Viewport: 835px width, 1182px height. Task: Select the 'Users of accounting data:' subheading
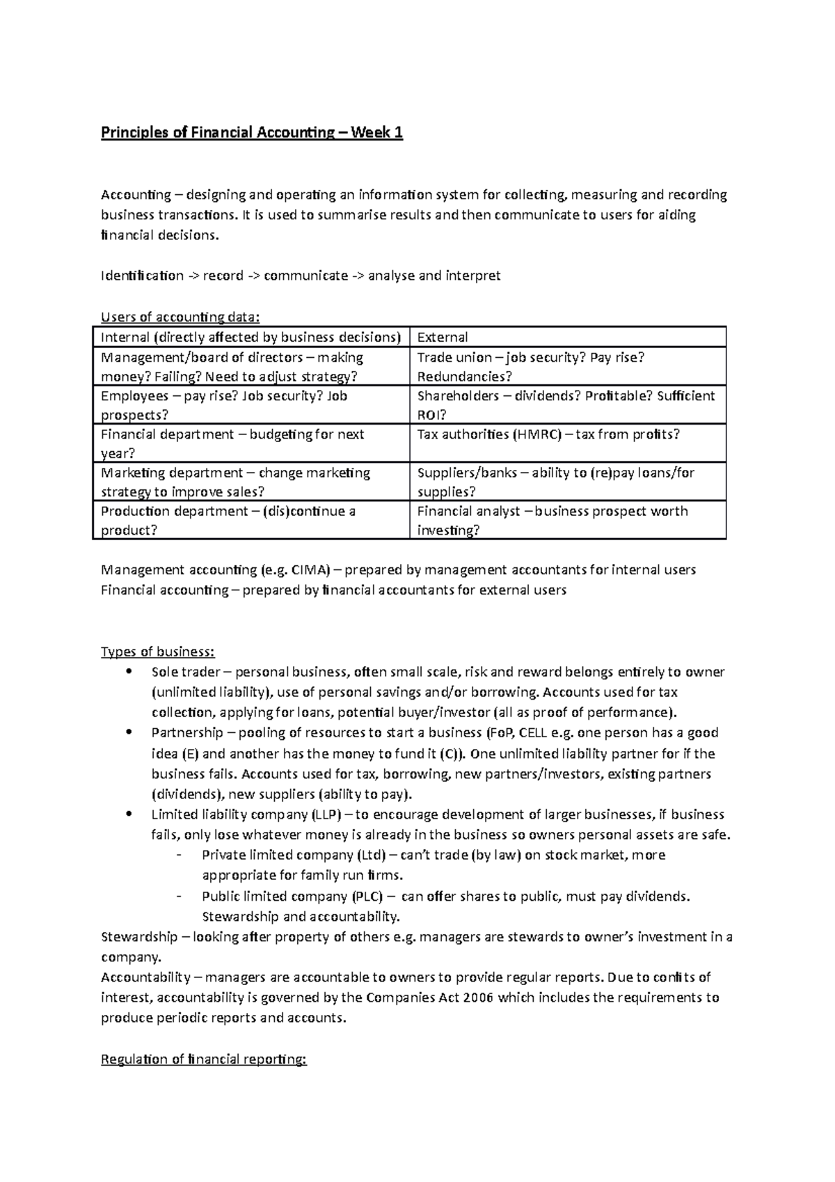click(x=180, y=317)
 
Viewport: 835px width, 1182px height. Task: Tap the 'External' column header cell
click(x=442, y=338)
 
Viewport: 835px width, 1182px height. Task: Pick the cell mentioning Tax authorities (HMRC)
click(x=548, y=435)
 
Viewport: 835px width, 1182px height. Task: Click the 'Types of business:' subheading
click(x=158, y=652)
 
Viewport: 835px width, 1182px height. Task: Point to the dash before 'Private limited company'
click(x=181, y=856)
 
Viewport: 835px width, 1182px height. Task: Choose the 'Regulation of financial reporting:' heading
click(x=203, y=1059)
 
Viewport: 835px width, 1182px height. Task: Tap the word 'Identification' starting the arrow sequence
click(x=142, y=276)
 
